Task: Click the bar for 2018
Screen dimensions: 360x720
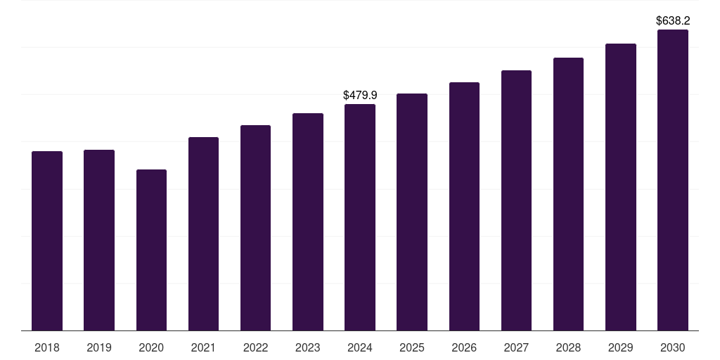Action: [47, 240]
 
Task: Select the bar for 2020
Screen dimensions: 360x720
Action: [151, 250]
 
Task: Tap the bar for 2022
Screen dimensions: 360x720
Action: [255, 228]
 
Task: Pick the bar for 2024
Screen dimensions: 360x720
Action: [360, 217]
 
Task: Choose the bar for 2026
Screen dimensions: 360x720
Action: [464, 206]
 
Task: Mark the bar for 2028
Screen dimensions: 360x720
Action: [568, 194]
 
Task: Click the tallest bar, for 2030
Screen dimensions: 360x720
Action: [672, 180]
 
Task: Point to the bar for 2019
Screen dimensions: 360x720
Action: [99, 240]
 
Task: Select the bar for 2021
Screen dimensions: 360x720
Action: [203, 233]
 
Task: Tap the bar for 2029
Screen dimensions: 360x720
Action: [620, 187]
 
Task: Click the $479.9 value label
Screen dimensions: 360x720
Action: [360, 95]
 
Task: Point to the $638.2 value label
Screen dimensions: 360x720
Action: [672, 21]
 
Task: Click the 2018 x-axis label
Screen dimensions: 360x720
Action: [47, 347]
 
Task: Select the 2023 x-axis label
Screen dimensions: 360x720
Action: [307, 347]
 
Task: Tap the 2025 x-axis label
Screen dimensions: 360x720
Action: [412, 347]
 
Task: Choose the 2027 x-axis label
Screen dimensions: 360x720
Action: [516, 347]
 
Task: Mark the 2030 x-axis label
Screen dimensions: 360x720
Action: [672, 347]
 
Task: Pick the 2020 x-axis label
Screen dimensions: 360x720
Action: [151, 347]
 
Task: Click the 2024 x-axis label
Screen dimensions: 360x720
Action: [360, 347]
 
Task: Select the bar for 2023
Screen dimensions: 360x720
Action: [307, 221]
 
